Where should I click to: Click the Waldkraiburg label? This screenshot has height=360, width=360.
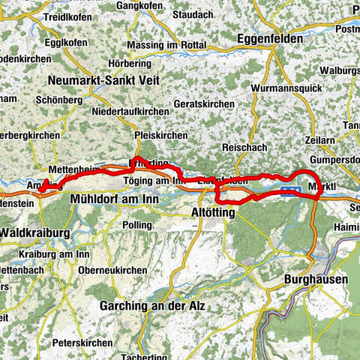34,232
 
